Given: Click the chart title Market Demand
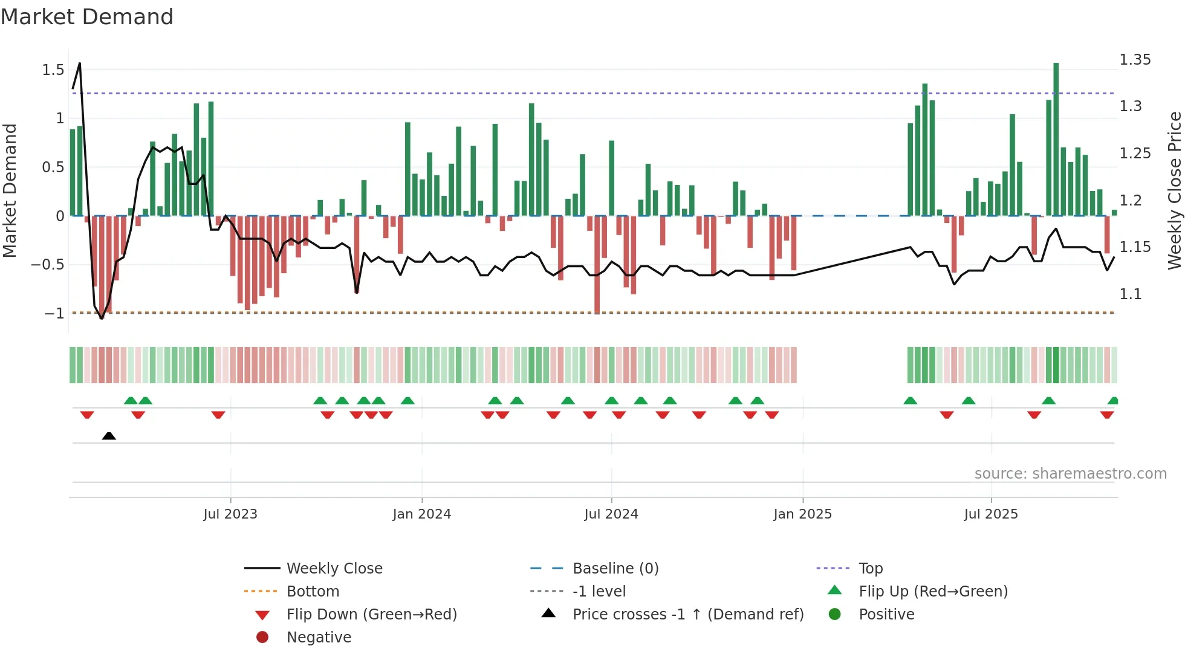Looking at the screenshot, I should [x=87, y=17].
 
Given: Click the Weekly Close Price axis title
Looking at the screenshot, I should [x=1174, y=190].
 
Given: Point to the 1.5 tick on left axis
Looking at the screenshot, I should [x=53, y=70].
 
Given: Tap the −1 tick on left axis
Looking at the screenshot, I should [x=54, y=313].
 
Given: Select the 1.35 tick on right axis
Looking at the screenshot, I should [x=1135, y=60].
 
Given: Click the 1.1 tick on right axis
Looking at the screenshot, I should [x=1131, y=294].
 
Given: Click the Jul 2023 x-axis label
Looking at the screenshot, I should [x=230, y=514].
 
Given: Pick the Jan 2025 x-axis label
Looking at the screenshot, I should [x=802, y=514].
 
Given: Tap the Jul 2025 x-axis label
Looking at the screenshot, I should [x=991, y=514].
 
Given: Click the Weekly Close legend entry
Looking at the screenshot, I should [x=334, y=569].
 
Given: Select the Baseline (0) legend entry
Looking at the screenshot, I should [x=615, y=569].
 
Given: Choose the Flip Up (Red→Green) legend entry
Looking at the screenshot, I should [x=933, y=592].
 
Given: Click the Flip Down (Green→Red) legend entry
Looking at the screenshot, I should [x=371, y=615].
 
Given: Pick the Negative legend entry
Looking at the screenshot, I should [x=319, y=638].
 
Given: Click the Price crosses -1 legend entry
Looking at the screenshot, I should [x=687, y=615].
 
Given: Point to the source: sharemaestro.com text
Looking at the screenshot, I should [x=1070, y=474].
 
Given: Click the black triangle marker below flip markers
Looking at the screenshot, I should [x=109, y=436].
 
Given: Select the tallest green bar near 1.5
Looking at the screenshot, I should [x=1056, y=139].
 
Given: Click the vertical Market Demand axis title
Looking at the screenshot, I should [x=10, y=190].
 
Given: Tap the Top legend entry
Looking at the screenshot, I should [x=870, y=569].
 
